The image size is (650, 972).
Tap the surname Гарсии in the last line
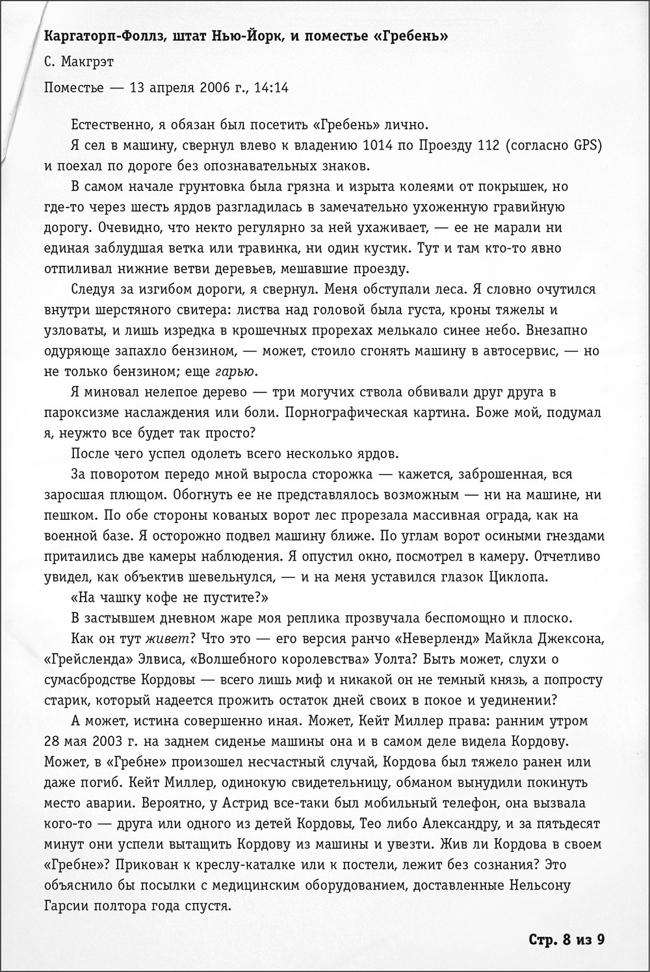(66, 905)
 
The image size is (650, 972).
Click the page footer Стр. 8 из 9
(566, 939)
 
